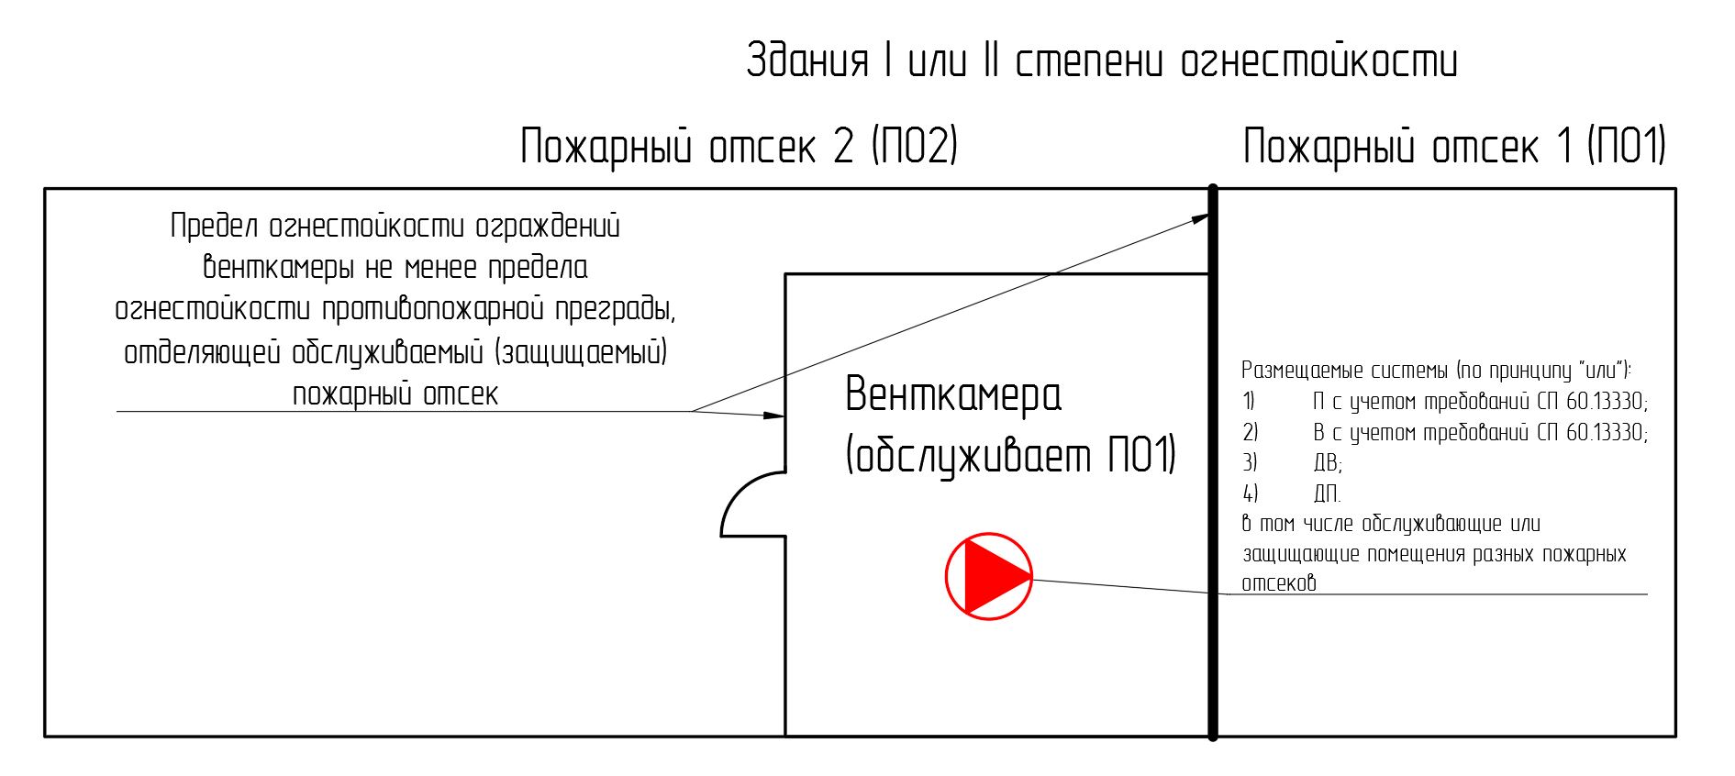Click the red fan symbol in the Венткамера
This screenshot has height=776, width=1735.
989,577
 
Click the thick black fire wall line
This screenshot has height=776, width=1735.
1213,462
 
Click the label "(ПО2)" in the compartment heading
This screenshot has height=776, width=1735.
915,146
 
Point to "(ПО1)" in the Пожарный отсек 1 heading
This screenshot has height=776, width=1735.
1627,146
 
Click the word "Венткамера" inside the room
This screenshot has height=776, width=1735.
953,394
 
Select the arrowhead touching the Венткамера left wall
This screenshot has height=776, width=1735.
775,416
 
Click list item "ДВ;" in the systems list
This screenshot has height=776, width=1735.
1328,463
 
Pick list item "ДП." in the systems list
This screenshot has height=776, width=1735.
1327,493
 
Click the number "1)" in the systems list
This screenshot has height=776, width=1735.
1249,401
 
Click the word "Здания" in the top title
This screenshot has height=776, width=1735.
807,61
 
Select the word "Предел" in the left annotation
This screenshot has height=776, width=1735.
215,226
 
